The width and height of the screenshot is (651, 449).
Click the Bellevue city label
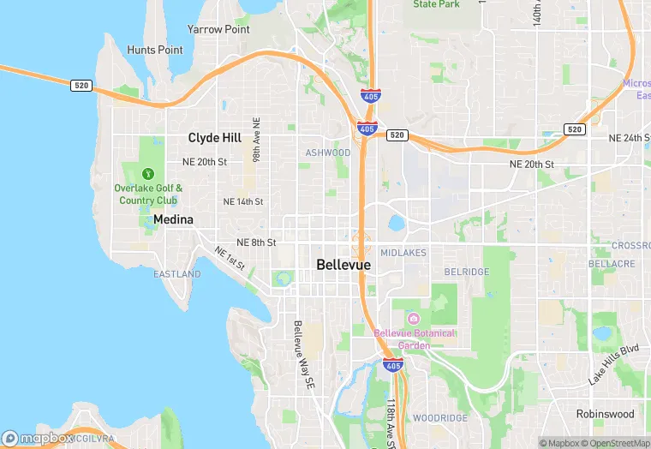pyautogui.click(x=343, y=265)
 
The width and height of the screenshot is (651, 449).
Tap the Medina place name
pyautogui.click(x=173, y=219)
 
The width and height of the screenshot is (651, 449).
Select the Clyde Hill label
pyautogui.click(x=215, y=137)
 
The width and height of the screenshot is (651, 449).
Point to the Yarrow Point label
pyautogui.click(x=218, y=29)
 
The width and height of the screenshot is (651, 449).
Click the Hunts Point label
pyautogui.click(x=155, y=50)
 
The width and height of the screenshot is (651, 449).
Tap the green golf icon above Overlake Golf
pyautogui.click(x=148, y=174)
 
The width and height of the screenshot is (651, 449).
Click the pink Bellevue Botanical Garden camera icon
pyautogui.click(x=414, y=319)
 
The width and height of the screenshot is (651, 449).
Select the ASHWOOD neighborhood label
pyautogui.click(x=328, y=153)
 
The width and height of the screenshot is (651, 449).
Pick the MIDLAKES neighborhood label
pyautogui.click(x=403, y=253)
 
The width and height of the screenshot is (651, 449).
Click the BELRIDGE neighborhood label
pyautogui.click(x=467, y=272)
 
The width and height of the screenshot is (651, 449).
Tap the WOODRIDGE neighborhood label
pyautogui.click(x=440, y=418)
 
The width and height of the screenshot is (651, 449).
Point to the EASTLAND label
pyautogui.click(x=177, y=274)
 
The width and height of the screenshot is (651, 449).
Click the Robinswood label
pyautogui.click(x=605, y=413)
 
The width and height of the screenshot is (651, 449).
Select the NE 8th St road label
pyautogui.click(x=256, y=242)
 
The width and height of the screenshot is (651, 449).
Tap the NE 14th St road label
pyautogui.click(x=243, y=201)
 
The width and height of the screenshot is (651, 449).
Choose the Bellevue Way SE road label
pyautogui.click(x=299, y=356)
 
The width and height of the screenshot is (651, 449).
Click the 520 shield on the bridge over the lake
pyautogui.click(x=81, y=85)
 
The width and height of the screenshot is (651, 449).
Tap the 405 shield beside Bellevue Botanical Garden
pyautogui.click(x=393, y=366)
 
